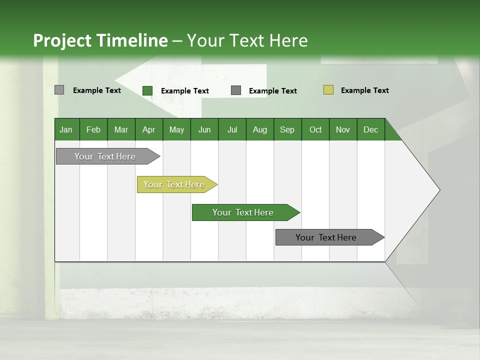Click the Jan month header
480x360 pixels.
coord(66,129)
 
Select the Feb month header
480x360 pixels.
coord(93,129)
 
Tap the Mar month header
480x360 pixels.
coord(121,129)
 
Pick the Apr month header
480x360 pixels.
coord(149,129)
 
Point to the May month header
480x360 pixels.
coord(176,129)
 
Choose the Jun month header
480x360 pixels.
coord(204,129)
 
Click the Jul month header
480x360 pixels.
coord(232,129)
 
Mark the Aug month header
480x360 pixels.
coord(260,129)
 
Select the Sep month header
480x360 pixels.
coord(287,129)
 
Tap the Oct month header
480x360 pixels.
coord(315,129)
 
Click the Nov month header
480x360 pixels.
coord(343,129)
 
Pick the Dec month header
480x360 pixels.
coord(371,129)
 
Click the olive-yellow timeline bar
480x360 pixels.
coord(174,184)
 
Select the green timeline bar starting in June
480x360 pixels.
coord(243,212)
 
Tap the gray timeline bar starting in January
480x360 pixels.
coord(105,156)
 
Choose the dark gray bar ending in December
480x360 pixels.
coord(326,237)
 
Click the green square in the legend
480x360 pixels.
coord(147,90)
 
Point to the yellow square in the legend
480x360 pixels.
coord(328,90)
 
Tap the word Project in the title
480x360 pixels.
coord(62,40)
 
